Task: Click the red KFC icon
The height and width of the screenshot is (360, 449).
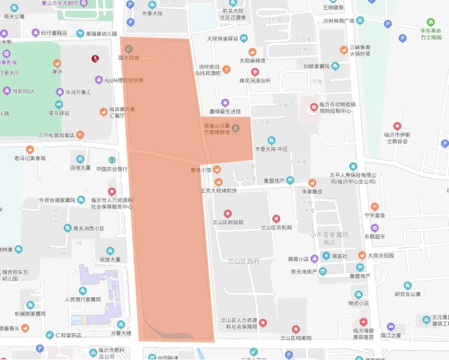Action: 95,59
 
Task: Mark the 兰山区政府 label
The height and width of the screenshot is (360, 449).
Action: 240,260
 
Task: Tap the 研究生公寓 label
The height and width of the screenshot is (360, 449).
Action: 407,294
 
